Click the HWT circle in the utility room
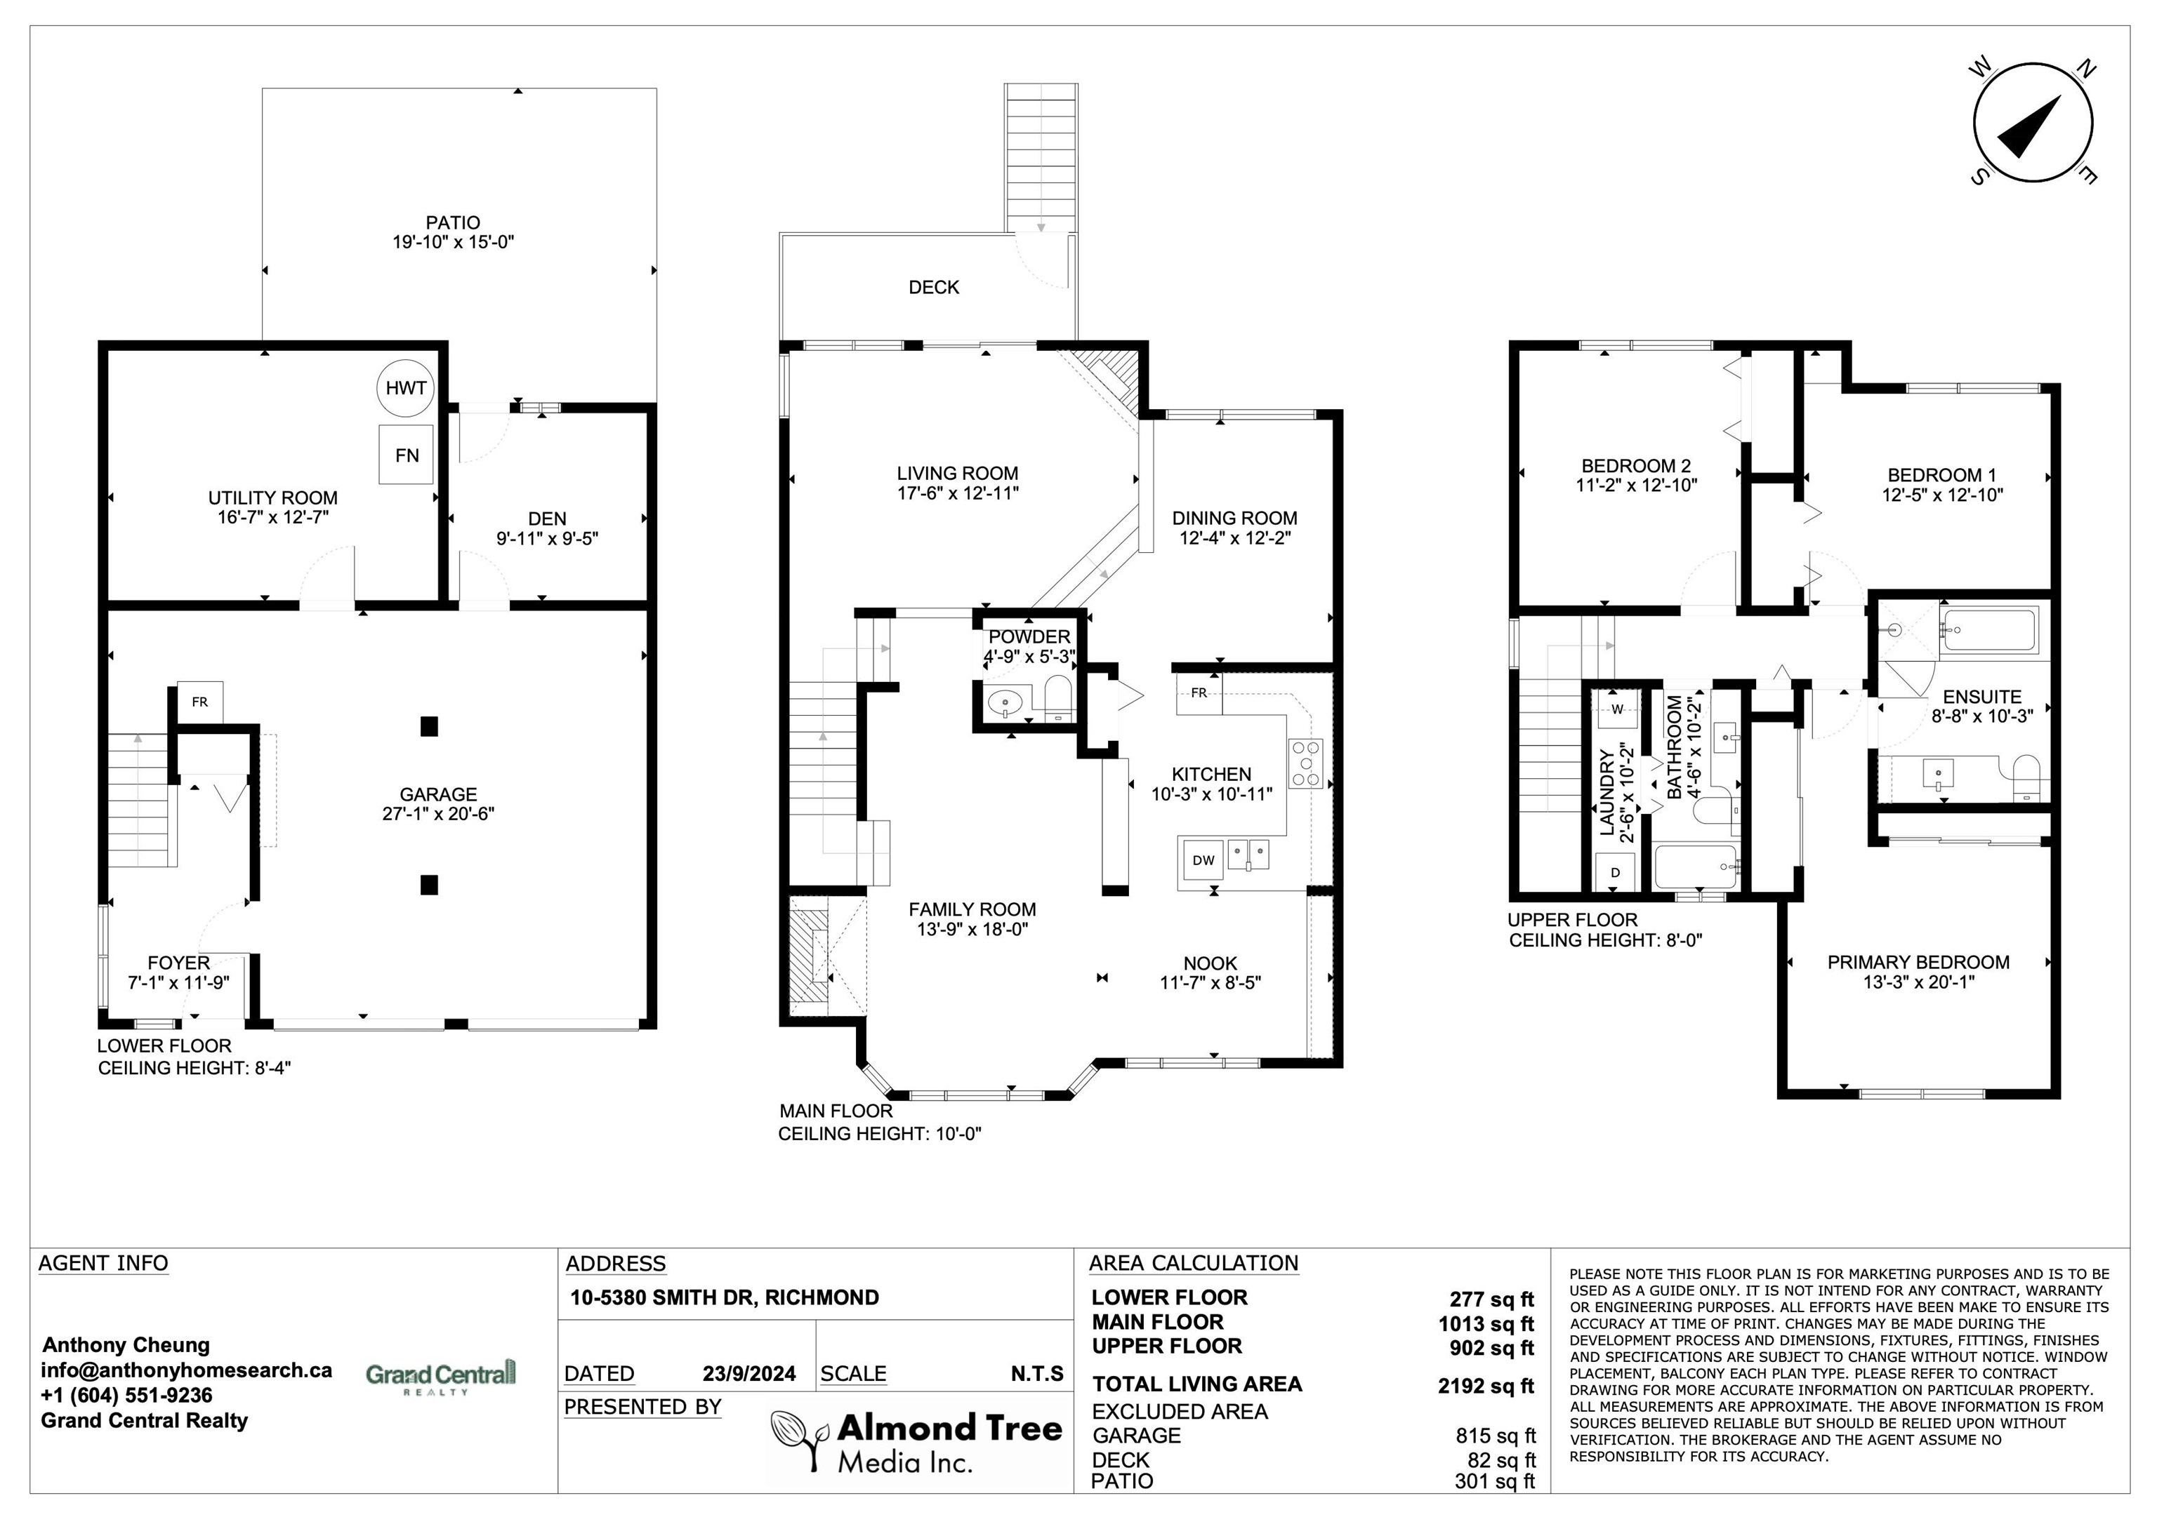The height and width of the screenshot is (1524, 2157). tap(406, 388)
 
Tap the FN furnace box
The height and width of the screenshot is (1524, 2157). tap(407, 455)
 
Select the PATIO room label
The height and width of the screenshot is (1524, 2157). tap(453, 222)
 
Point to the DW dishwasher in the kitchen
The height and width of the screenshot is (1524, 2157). tap(1203, 860)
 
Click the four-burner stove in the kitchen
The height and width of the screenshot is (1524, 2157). tap(1305, 763)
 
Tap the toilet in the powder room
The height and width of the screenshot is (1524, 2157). tap(1059, 697)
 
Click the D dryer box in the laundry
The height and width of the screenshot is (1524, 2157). tap(1616, 872)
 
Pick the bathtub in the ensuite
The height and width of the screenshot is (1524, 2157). tap(1989, 629)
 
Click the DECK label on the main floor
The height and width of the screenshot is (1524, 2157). tap(934, 288)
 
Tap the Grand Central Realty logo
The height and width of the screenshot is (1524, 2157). tap(441, 1377)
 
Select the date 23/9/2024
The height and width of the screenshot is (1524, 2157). tap(748, 1374)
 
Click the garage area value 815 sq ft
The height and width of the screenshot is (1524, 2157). tap(1496, 1436)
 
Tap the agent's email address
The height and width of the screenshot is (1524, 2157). tap(186, 1370)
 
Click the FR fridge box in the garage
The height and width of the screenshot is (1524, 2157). tap(200, 702)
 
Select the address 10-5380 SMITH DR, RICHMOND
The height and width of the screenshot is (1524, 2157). tap(725, 1297)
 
